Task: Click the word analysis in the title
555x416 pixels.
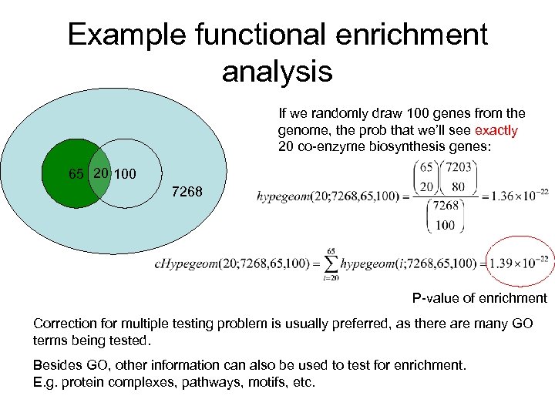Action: pyautogui.click(x=277, y=72)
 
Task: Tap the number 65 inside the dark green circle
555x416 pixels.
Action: pyautogui.click(x=76, y=174)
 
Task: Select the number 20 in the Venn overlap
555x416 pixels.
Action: pyautogui.click(x=100, y=173)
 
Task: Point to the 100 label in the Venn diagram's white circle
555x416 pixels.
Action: pyautogui.click(x=125, y=174)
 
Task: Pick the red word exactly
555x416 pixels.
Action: pyautogui.click(x=496, y=131)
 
